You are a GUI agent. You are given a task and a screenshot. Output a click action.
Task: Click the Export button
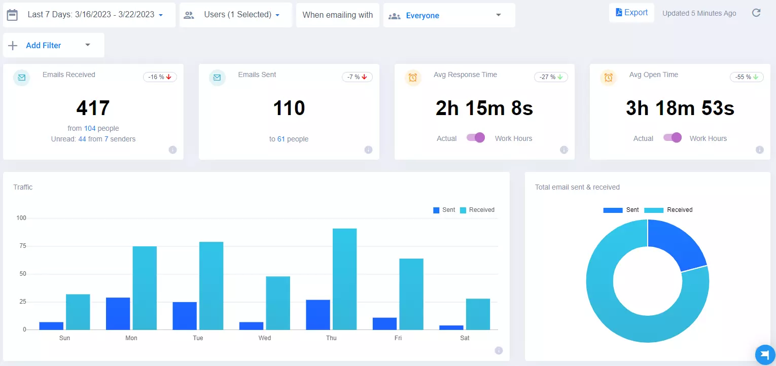click(631, 13)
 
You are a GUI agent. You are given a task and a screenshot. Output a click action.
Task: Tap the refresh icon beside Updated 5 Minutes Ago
click(756, 13)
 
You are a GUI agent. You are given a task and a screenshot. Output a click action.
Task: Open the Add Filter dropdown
click(53, 45)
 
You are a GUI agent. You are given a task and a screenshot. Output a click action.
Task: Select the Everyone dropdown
click(449, 15)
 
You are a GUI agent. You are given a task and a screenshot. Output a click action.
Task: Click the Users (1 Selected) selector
click(236, 15)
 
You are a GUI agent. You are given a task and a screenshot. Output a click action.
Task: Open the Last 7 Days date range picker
click(89, 15)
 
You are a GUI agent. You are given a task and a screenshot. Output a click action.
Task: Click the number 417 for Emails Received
click(93, 108)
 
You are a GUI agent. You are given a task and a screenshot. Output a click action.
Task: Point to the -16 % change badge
click(160, 77)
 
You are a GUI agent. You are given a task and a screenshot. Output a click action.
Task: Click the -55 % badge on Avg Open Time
click(747, 77)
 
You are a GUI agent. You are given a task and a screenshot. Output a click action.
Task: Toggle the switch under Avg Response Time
click(476, 138)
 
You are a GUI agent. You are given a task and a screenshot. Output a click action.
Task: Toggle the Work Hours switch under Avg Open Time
click(673, 138)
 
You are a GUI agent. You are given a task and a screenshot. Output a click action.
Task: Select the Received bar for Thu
click(344, 279)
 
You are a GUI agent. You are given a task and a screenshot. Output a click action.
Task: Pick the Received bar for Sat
click(478, 314)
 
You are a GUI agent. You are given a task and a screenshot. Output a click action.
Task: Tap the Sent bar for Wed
click(251, 325)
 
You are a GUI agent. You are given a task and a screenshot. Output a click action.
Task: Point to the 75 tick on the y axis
click(21, 246)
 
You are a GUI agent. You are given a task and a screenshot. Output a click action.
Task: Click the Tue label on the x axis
click(198, 338)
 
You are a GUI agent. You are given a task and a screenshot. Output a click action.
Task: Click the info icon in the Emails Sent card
click(368, 150)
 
